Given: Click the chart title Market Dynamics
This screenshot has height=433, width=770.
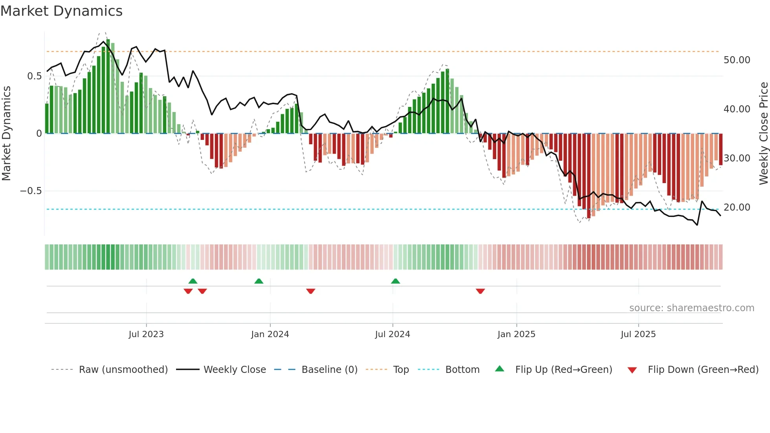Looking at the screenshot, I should (62, 11).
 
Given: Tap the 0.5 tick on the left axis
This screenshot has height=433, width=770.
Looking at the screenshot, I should (34, 76).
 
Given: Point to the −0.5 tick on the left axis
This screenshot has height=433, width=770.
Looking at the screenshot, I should (31, 191).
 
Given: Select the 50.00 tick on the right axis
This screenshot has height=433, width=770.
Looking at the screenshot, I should (737, 60).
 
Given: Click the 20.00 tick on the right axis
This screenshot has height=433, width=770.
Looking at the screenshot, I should (737, 207).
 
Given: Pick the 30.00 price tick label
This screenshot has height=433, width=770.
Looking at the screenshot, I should (737, 158).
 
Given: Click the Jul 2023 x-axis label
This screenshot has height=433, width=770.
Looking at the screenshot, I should (146, 334).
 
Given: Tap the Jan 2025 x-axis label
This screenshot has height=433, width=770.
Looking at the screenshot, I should (516, 334).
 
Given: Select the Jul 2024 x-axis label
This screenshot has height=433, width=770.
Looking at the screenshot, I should (392, 334).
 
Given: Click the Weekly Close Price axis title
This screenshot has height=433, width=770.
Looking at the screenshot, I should (763, 134).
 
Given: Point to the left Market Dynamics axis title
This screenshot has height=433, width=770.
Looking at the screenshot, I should (6, 134).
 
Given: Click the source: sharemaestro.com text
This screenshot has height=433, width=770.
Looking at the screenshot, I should (691, 308).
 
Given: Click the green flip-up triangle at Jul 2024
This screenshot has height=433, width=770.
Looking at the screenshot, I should (396, 281).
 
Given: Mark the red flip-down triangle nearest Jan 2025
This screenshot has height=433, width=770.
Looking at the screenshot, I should (480, 291).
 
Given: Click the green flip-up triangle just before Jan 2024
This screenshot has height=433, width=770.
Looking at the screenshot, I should (259, 281).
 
